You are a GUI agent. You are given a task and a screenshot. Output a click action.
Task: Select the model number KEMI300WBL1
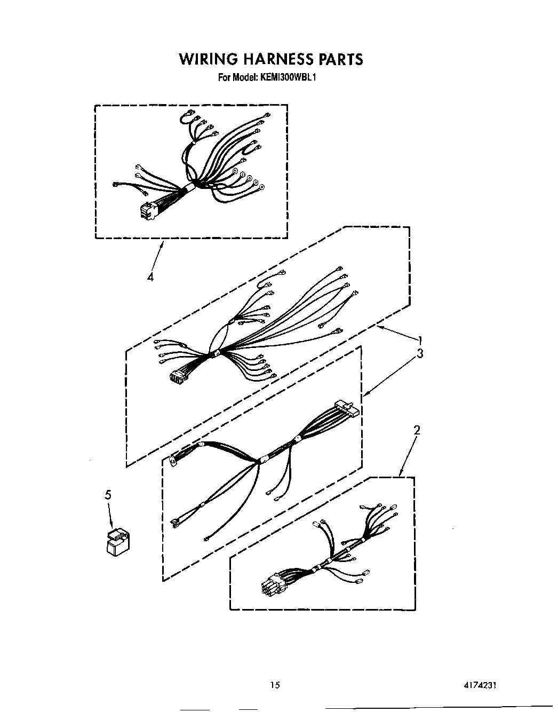coord(289,77)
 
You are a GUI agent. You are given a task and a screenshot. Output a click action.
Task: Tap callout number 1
coord(420,339)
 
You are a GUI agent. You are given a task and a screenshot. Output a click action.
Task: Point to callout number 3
coord(420,353)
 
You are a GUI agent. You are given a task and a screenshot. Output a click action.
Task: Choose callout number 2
coord(417,430)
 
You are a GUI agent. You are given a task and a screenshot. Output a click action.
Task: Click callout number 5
coord(108,495)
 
